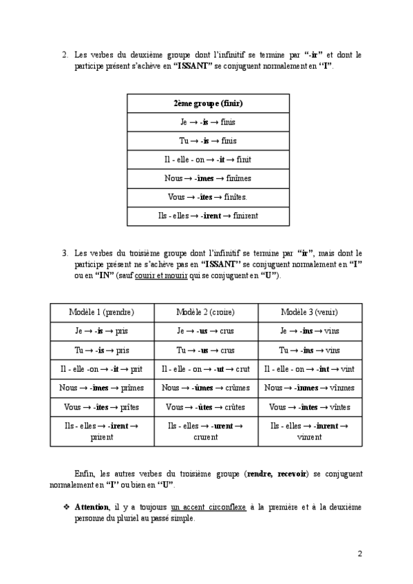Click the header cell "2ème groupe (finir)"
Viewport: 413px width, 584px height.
point(207,103)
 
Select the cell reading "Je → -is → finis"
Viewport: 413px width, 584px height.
point(207,122)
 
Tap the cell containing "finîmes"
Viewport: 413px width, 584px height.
point(207,178)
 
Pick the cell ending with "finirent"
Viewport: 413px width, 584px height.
point(207,216)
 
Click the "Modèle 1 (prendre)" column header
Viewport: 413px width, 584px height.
point(102,312)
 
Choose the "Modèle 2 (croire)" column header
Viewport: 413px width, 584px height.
point(206,312)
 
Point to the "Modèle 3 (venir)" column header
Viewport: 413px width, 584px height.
point(310,312)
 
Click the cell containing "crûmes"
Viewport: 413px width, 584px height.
point(206,388)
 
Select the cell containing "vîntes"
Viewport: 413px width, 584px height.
point(310,406)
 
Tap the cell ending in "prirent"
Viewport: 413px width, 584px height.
point(102,431)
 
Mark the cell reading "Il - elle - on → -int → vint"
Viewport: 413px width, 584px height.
point(310,369)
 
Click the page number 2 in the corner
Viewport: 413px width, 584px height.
point(359,554)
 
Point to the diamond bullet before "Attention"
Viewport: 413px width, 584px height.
point(67,506)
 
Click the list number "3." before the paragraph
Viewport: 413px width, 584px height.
point(65,253)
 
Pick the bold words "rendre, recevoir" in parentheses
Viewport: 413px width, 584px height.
point(277,474)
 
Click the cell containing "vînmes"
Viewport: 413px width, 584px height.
point(310,388)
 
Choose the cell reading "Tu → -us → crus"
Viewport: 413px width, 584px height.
point(206,350)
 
